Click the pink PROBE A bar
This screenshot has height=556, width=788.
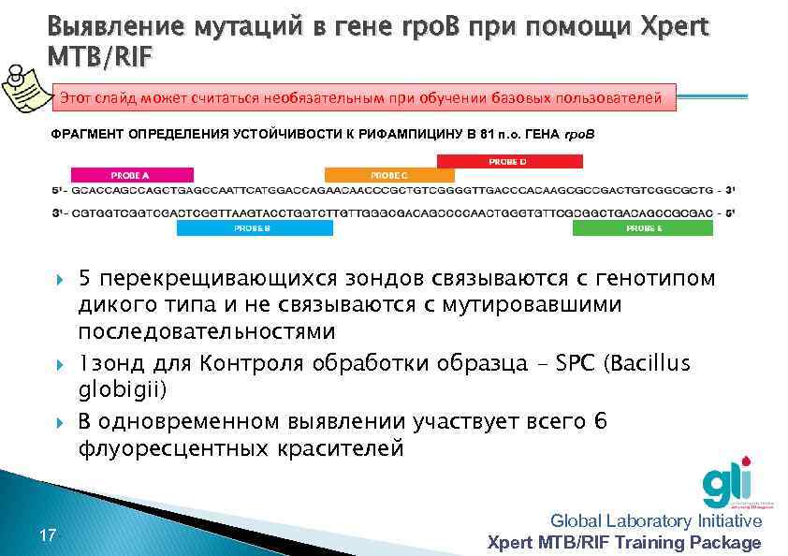132,174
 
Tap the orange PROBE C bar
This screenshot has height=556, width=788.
388,174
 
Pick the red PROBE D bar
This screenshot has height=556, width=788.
506,161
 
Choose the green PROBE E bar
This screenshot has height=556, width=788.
643,227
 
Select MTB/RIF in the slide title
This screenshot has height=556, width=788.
97,58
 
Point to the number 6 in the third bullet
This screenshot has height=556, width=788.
600,422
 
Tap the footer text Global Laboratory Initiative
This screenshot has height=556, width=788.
656,520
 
